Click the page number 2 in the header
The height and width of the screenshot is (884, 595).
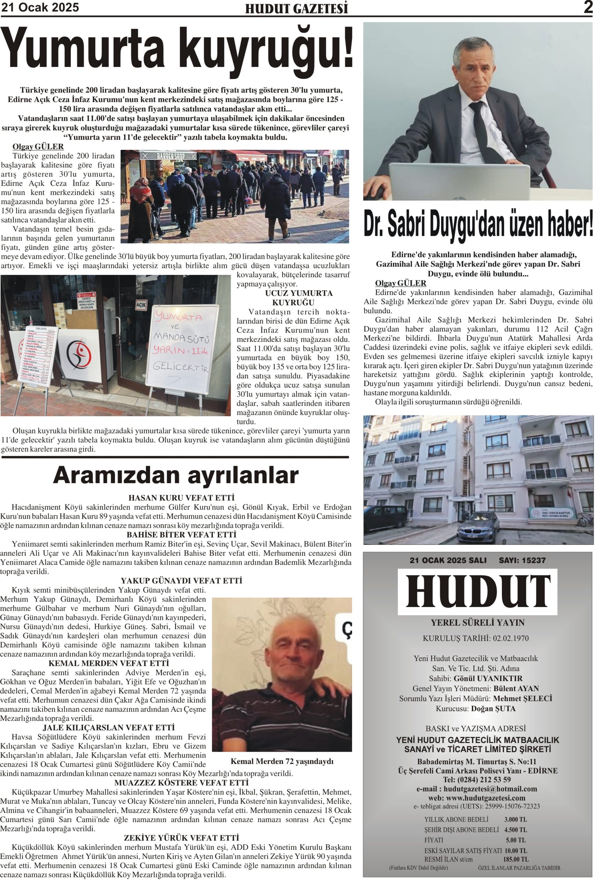(588, 7)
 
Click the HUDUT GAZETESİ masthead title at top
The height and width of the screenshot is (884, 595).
(296, 8)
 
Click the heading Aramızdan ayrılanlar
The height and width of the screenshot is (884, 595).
(176, 475)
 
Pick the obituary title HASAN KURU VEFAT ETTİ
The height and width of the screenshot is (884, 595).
(182, 498)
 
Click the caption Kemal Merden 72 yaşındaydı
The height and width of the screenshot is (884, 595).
(282, 761)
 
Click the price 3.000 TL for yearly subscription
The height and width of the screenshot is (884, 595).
(515, 819)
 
